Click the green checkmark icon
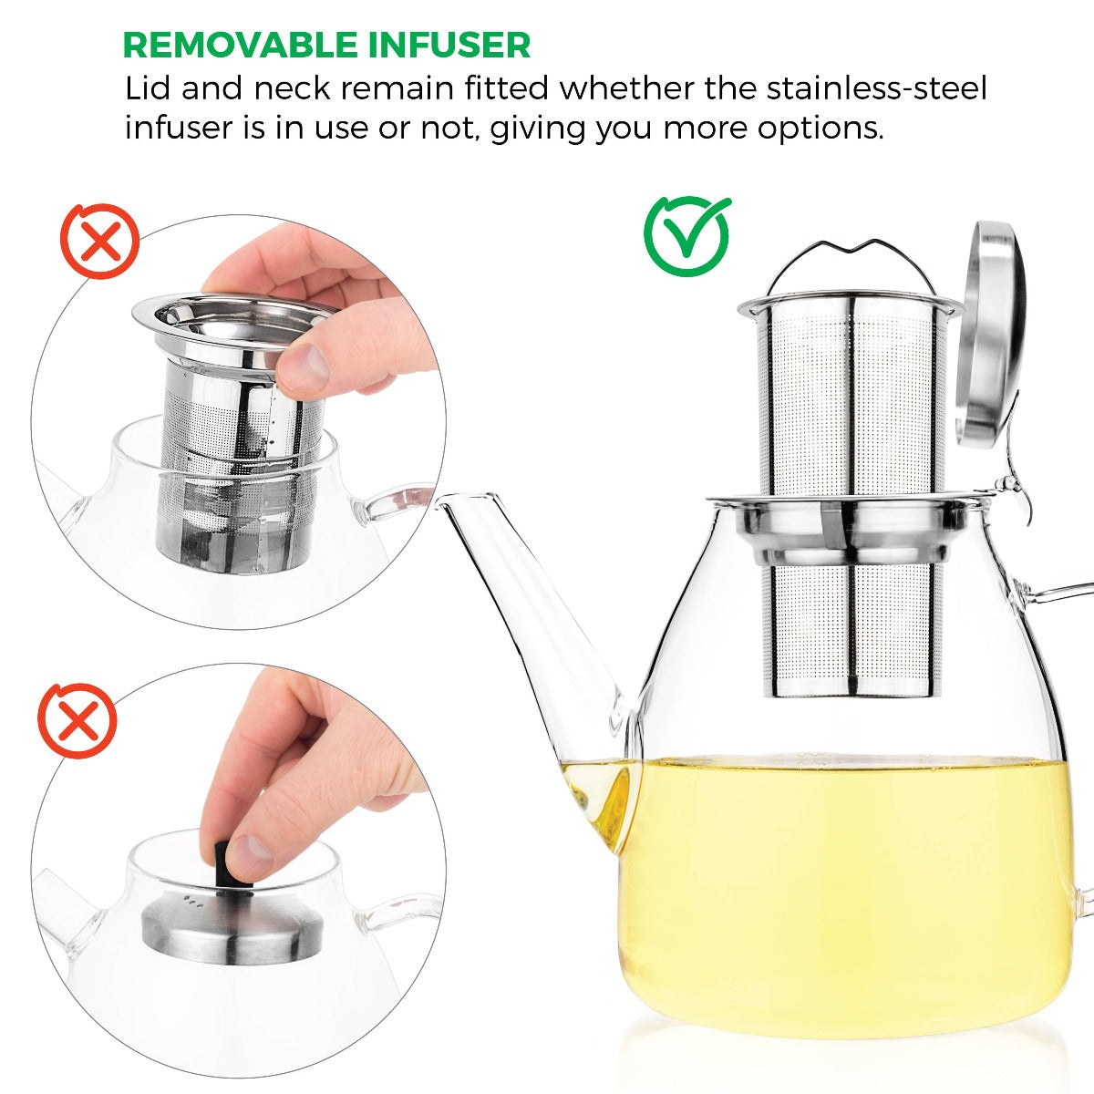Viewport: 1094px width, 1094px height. pyautogui.click(x=687, y=236)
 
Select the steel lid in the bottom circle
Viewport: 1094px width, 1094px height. pyautogui.click(x=232, y=921)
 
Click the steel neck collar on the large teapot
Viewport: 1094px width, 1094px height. pyautogui.click(x=848, y=529)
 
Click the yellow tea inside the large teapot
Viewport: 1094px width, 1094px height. pyautogui.click(x=848, y=875)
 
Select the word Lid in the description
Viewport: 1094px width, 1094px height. pyautogui.click(x=150, y=88)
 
